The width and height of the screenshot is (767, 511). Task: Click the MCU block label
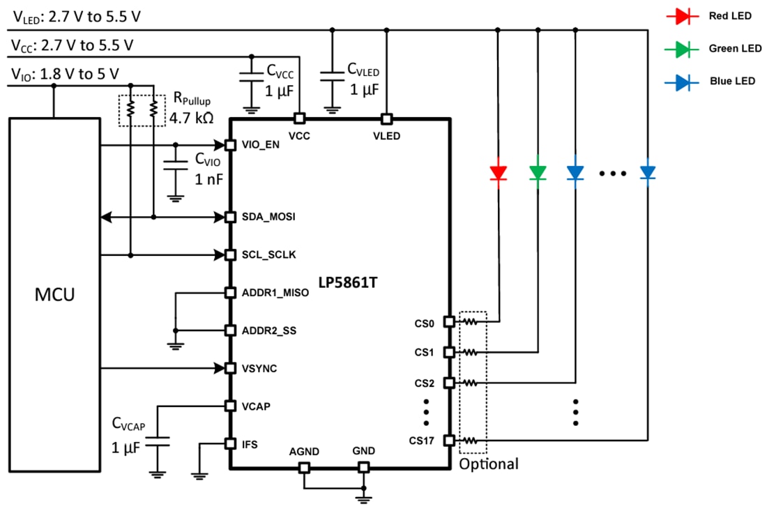(54, 295)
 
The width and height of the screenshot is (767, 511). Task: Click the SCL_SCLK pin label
(268, 255)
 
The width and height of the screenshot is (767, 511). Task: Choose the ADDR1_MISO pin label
(274, 293)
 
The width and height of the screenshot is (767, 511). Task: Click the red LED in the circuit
(498, 172)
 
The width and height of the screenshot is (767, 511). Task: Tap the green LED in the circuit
(538, 172)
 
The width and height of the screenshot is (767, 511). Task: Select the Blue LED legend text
(731, 81)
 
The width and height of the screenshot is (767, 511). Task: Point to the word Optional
(488, 464)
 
